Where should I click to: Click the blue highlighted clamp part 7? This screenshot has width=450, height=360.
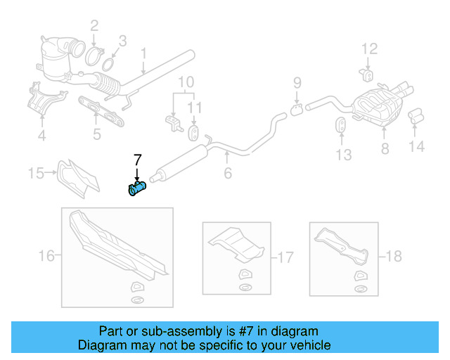click(136, 188)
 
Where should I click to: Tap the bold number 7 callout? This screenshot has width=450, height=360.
click(138, 159)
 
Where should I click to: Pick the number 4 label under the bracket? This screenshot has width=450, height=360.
click(41, 136)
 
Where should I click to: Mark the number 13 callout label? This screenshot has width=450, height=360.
click(342, 155)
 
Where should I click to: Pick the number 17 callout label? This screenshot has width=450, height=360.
click(285, 257)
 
